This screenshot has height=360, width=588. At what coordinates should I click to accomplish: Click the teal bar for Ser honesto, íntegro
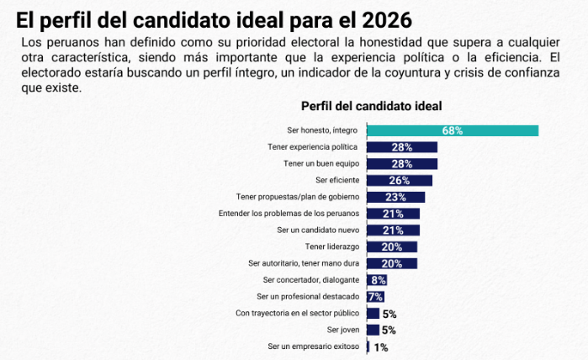(x=453, y=130)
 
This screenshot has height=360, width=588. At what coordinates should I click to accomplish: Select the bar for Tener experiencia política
(x=402, y=147)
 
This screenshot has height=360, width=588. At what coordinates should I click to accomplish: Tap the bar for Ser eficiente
(x=400, y=180)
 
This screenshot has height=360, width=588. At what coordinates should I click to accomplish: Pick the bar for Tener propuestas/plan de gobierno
(x=396, y=197)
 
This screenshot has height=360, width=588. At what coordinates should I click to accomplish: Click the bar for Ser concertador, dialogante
(x=377, y=280)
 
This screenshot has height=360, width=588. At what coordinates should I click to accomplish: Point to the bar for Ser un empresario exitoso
(x=368, y=347)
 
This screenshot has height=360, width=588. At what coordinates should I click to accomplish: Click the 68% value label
(x=453, y=130)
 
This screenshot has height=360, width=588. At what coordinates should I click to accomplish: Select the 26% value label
(x=400, y=180)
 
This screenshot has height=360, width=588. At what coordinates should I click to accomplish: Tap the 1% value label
(x=380, y=347)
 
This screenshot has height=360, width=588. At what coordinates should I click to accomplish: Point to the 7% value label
(x=376, y=297)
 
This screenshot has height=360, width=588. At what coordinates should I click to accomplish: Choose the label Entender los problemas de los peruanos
(x=289, y=214)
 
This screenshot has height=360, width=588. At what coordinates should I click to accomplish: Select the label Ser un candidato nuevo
(x=318, y=230)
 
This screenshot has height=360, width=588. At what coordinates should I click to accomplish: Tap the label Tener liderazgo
(x=332, y=246)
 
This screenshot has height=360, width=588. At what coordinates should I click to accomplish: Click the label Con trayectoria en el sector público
(x=298, y=314)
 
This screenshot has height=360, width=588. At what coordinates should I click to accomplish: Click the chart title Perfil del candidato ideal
(x=371, y=106)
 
